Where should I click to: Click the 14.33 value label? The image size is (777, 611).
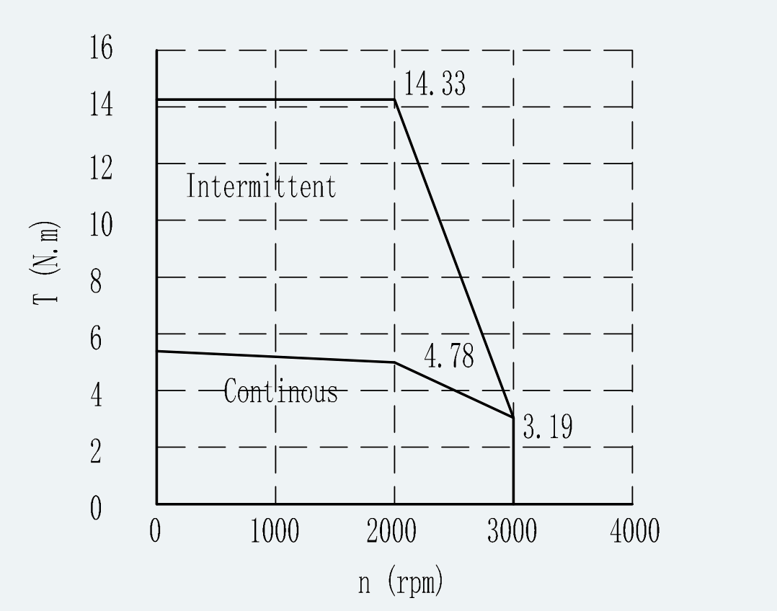point(435,84)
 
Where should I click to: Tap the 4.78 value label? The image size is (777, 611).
point(449,355)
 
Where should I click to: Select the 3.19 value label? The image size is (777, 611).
point(548,427)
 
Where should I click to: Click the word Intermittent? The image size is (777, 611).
point(261,186)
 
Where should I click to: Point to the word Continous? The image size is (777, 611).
point(280,391)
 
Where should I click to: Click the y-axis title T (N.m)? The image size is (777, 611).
point(45,263)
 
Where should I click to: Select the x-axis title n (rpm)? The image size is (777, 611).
point(401,581)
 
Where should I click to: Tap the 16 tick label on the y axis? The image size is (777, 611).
point(101,48)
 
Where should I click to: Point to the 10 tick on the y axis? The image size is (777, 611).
point(101,225)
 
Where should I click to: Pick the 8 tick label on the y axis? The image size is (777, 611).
point(96,282)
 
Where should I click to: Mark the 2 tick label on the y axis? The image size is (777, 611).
point(96,452)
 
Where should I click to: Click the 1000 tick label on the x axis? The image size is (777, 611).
point(275,531)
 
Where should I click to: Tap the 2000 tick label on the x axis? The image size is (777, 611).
point(391,531)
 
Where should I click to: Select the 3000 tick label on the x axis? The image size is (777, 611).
point(512,531)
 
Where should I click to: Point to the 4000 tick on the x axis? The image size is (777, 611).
point(635,531)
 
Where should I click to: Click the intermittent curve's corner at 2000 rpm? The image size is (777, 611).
point(394,99)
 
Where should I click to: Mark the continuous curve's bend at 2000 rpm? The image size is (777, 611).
point(394,362)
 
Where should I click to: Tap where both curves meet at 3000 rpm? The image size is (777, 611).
point(513,417)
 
